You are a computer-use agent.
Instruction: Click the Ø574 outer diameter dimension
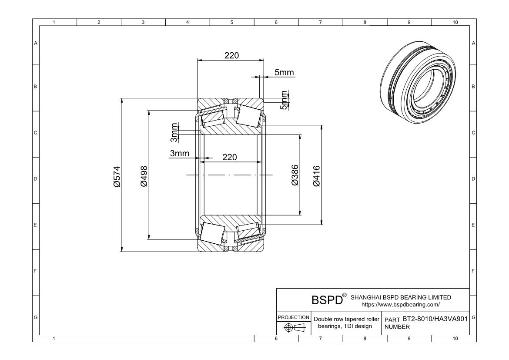point(117,177)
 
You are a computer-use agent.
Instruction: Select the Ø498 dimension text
point(144,176)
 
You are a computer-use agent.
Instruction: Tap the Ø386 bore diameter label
point(295,175)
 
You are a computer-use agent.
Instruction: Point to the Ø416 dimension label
point(317,176)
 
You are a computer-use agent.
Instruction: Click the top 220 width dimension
point(231,56)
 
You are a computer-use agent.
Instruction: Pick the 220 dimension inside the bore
point(230,157)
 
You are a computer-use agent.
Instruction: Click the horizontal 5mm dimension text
point(284,72)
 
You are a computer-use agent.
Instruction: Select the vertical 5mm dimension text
point(284,100)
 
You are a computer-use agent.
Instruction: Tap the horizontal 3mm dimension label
point(180,153)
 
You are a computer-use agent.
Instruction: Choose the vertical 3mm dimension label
point(174,133)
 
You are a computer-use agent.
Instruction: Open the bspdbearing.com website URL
point(401,305)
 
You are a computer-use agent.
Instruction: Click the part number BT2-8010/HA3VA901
point(435,319)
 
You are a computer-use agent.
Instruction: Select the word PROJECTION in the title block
point(294,317)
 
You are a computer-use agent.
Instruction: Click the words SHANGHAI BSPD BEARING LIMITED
point(401,297)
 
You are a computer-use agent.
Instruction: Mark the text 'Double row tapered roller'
point(346,319)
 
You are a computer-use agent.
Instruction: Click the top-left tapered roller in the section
point(213,117)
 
